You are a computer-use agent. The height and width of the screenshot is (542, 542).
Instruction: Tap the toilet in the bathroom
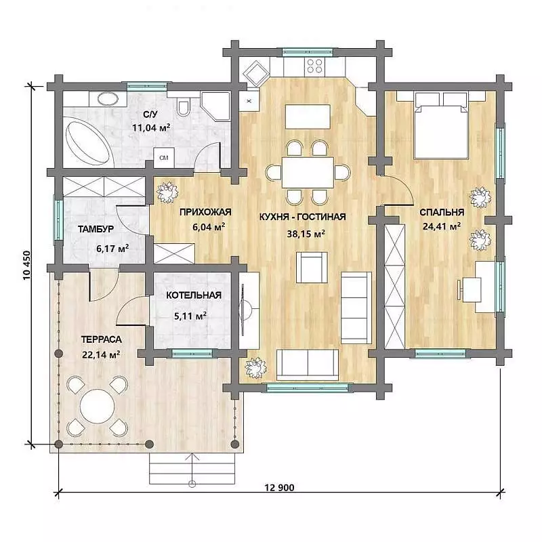pos(183,106)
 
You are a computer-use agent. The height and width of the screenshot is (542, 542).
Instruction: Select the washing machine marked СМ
pos(164,158)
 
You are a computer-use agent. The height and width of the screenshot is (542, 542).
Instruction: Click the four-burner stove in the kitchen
pos(314,66)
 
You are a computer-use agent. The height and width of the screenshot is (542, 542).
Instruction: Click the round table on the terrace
pos(98,406)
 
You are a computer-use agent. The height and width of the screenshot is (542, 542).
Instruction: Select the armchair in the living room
pos(312,267)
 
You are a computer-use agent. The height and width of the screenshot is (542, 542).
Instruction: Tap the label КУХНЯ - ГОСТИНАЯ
pos(302,217)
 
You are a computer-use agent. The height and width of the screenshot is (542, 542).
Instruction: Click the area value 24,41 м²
pos(442,226)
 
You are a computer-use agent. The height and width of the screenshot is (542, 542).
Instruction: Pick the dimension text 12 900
pos(279,487)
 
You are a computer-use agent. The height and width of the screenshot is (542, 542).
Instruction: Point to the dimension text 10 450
pos(27,265)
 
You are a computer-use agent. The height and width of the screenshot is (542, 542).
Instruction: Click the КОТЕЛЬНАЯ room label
pos(194,295)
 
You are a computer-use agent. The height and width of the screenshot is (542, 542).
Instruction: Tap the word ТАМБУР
pos(96,229)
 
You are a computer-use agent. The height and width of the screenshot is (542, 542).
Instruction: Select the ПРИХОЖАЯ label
pos(205,212)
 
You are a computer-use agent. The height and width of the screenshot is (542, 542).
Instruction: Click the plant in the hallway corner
pos(167,192)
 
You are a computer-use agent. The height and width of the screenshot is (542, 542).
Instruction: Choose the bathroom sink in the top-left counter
pos(108,99)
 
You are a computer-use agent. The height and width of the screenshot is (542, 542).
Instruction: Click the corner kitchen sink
pos(256,73)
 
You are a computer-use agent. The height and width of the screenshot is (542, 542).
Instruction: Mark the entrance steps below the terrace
pos(192,468)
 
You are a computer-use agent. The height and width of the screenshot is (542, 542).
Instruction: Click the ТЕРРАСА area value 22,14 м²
pos(101,354)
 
